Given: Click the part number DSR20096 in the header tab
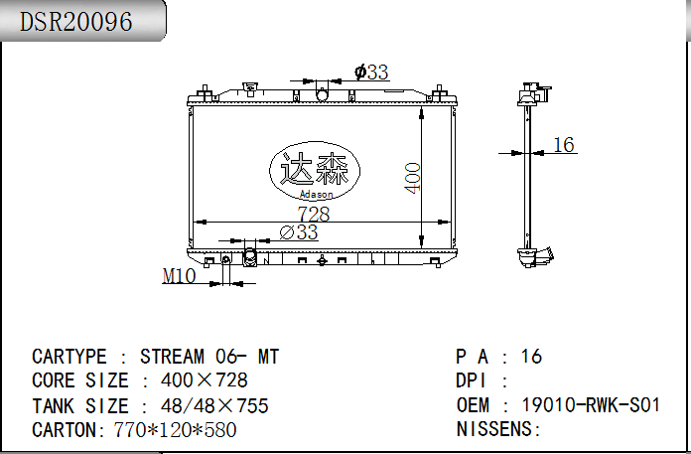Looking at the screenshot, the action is coord(75,21).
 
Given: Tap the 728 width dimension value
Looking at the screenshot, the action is coord(314,215).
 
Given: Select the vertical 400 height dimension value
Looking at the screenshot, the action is coord(412,178).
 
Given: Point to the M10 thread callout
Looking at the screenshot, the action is coord(179,276).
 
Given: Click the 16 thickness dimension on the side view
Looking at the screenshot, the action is coord(563,145).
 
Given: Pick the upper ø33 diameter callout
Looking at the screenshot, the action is coord(371,72).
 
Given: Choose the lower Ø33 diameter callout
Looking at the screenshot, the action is coord(299,231).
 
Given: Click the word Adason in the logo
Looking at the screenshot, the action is coord(316,194).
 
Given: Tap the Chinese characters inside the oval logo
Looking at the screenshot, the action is coord(314,169).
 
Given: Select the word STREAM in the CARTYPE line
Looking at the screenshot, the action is coord(173,357).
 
